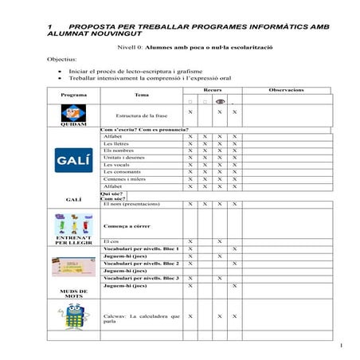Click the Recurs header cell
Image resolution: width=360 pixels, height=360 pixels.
(x=212, y=90)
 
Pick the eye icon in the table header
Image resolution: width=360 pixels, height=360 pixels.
(x=220, y=102)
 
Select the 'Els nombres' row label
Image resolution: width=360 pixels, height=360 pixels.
(x=119, y=151)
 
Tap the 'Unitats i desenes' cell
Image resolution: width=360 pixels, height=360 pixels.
(x=123, y=158)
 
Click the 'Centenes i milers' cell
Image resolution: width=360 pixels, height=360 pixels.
(x=123, y=179)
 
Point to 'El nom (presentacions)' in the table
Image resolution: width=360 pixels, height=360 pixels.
(x=131, y=204)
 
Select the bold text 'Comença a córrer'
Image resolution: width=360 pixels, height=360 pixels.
(x=127, y=226)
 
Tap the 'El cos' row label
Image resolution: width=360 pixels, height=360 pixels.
(x=111, y=241)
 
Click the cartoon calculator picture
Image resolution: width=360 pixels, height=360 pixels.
(x=74, y=316)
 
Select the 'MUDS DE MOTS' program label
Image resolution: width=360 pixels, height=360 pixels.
(x=74, y=292)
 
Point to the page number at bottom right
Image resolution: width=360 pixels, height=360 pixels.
(x=340, y=345)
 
